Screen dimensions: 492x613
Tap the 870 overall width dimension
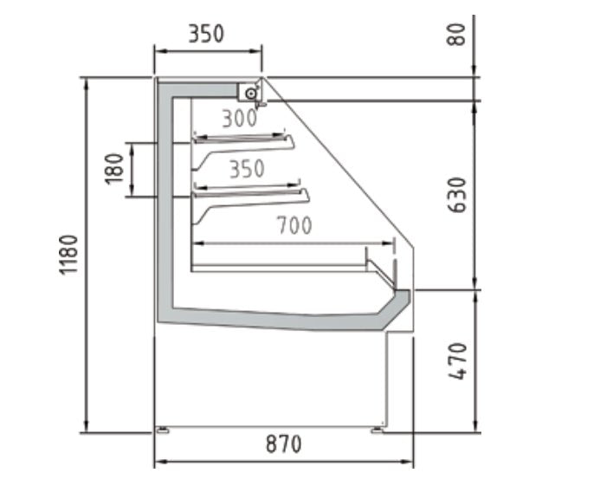click(283, 445)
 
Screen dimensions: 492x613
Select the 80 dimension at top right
click(458, 34)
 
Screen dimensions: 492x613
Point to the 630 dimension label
click(458, 196)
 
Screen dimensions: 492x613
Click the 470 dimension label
click(458, 361)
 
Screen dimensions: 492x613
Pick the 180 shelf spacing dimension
click(113, 169)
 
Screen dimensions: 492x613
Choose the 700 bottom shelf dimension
click(294, 227)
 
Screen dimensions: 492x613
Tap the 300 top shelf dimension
click(239, 119)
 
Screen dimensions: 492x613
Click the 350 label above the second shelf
click(247, 169)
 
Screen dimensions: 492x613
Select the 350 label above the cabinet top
click(206, 34)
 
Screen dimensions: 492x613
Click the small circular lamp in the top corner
click(251, 92)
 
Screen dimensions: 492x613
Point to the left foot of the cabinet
click(161, 429)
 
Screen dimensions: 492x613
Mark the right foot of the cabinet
click(379, 429)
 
